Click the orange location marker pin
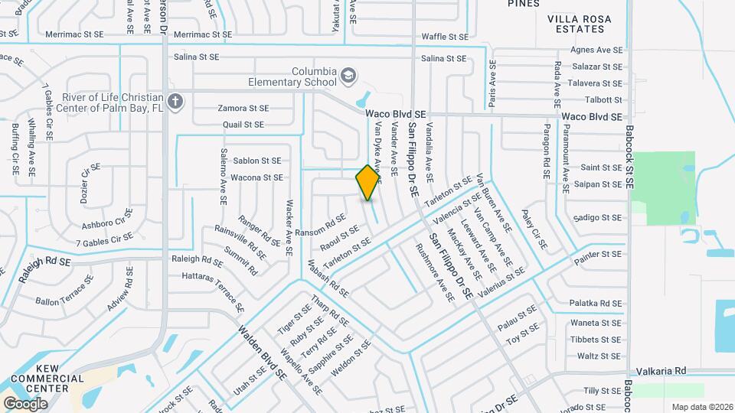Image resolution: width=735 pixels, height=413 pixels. click(368, 182)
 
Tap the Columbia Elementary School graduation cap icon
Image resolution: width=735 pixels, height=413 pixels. click(349, 75)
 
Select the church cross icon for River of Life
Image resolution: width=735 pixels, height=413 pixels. click(175, 102)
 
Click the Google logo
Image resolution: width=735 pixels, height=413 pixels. click(25, 403)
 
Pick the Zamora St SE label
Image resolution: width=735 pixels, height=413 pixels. click(243, 109)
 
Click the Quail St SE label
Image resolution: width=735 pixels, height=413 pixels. click(243, 124)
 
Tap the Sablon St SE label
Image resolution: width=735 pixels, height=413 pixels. click(257, 161)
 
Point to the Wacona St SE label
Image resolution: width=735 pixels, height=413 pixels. click(257, 177)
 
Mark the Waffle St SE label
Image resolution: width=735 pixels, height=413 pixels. click(445, 36)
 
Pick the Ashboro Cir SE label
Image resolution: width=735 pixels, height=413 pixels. click(106, 223)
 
